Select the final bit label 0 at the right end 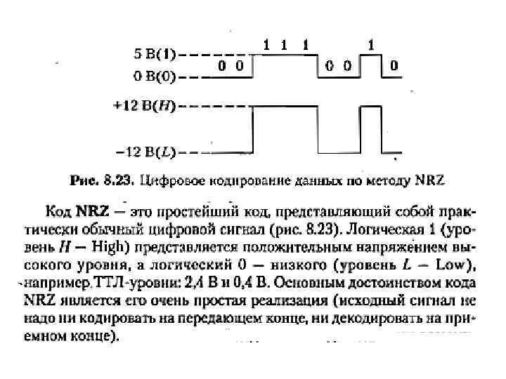tap(394, 66)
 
